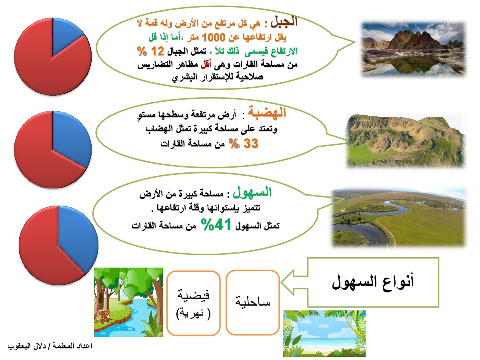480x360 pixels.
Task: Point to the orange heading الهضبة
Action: pos(266,113)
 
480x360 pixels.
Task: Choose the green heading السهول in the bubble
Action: pos(252,192)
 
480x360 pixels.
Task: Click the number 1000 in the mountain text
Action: pos(213,37)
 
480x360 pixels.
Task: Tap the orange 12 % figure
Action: pos(150,51)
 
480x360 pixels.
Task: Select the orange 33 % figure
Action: pos(243,144)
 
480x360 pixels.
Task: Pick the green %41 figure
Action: pos(216,224)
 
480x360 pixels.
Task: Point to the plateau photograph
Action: pos(406,141)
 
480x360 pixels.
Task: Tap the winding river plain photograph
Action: pos(399,217)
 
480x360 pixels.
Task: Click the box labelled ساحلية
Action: pos(253,302)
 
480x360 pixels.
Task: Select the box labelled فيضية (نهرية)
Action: pos(193,303)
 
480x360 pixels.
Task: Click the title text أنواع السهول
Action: pos(373,282)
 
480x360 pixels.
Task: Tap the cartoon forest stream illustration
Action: pos(128,302)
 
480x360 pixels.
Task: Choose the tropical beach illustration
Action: pos(324,334)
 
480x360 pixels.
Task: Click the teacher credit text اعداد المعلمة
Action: pos(72,346)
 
